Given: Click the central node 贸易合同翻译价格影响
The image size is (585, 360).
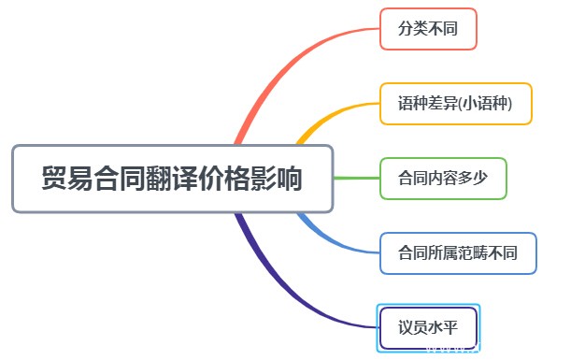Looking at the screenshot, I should pos(172,179).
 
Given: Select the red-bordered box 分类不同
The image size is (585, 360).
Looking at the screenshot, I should pos(428,29).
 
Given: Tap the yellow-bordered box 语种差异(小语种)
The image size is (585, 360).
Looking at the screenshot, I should pos(456,104).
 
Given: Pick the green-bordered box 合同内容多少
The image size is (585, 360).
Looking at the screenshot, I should pos(443,179).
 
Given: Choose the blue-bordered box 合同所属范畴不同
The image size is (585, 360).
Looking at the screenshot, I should pos(458,253).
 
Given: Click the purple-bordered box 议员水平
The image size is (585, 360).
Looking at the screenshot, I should pos(428,328).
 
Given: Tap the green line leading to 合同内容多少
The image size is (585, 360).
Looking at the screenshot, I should pos(355,179).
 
